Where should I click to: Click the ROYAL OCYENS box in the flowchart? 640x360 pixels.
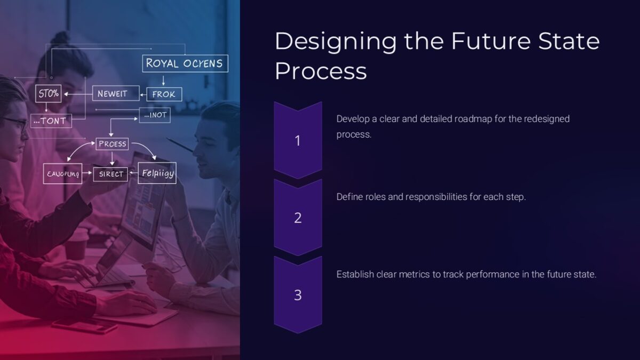pyautogui.click(x=185, y=63)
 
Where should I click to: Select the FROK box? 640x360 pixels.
pyautogui.click(x=164, y=94)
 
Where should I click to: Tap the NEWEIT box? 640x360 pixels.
pyautogui.click(x=116, y=93)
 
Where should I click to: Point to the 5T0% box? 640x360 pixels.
pyautogui.click(x=48, y=94)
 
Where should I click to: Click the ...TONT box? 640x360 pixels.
pyautogui.click(x=50, y=121)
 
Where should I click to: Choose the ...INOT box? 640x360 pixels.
pyautogui.click(x=155, y=115)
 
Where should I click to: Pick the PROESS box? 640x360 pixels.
pyautogui.click(x=112, y=143)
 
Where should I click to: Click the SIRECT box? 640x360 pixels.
pyautogui.click(x=111, y=174)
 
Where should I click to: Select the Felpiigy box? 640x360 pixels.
pyautogui.click(x=157, y=173)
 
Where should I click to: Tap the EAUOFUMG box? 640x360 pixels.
pyautogui.click(x=62, y=174)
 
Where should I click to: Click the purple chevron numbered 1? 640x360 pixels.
pyautogui.click(x=298, y=140)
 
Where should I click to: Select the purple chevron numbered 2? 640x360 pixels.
pyautogui.click(x=298, y=217)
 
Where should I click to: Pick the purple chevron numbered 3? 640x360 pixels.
pyautogui.click(x=298, y=294)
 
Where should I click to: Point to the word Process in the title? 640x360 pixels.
pyautogui.click(x=321, y=71)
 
